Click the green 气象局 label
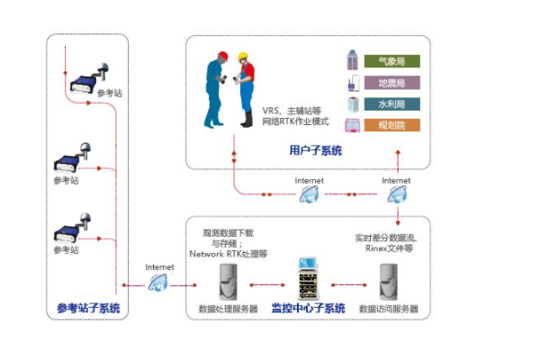coord(391,62)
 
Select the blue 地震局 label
coord(391,84)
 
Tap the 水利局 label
coord(391,104)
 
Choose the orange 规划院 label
coord(391,126)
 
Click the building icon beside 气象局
coord(353,62)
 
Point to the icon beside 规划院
coord(353,126)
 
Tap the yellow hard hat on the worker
coord(243,58)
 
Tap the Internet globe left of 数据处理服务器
coord(158,283)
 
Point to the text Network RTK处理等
coord(227,254)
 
